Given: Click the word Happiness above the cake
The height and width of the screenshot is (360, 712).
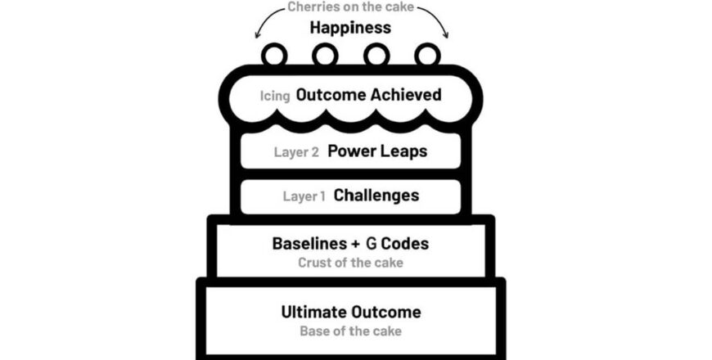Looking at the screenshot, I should tap(350, 28).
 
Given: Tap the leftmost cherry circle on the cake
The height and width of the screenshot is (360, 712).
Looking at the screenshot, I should tap(274, 55).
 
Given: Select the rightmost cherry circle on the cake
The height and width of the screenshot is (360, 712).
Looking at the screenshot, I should tap(427, 55).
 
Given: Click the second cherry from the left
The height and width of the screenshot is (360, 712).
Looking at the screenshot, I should tap(325, 55).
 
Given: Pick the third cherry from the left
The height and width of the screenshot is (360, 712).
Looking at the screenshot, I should tap(376, 55).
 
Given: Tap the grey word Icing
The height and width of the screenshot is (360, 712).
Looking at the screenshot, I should tap(275, 96).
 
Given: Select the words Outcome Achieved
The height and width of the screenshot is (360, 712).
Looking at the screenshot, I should tap(368, 95).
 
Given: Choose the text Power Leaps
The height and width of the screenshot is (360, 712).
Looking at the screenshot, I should tap(377, 151).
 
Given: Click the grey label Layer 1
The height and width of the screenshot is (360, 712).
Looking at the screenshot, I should tap(304, 196).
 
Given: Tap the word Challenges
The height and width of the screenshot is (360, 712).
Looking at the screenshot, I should tap(376, 196).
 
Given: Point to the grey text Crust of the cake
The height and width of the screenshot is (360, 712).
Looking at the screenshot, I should tap(350, 263).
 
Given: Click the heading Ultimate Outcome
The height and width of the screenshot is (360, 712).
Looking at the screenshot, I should tap(351, 312).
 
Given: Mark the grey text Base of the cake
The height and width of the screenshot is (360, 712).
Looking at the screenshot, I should tap(350, 331).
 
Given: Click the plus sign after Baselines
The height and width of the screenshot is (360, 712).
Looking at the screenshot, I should tap(354, 244).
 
